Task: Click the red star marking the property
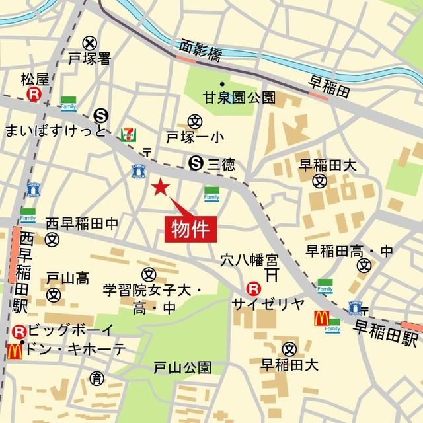160,188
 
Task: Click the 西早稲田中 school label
82,225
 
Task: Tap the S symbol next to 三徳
195,162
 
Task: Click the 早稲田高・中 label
350,250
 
